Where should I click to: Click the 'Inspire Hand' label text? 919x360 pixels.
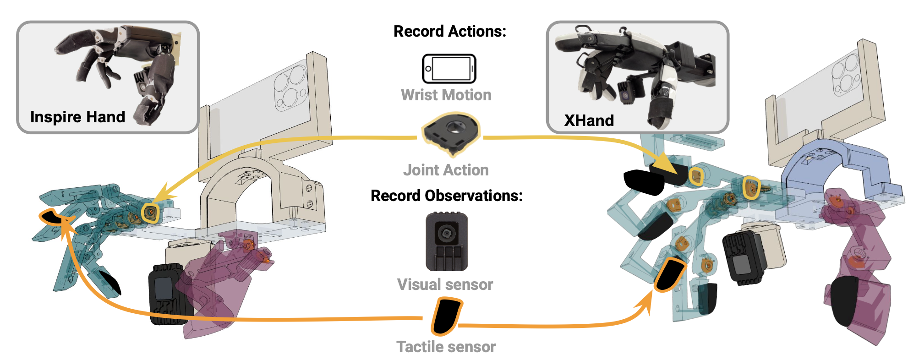pyautogui.click(x=77, y=117)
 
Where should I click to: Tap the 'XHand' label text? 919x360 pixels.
pyautogui.click(x=589, y=120)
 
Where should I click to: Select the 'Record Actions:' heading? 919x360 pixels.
pyautogui.click(x=450, y=31)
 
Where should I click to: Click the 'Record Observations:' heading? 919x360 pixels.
pyautogui.click(x=447, y=196)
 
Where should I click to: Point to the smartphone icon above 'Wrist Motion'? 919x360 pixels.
pyautogui.click(x=449, y=69)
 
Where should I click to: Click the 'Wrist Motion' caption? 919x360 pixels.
pyautogui.click(x=446, y=95)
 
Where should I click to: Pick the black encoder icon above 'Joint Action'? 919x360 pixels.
pyautogui.click(x=451, y=133)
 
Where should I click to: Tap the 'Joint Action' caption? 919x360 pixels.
pyautogui.click(x=446, y=170)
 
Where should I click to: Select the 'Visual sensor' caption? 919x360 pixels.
pyautogui.click(x=445, y=284)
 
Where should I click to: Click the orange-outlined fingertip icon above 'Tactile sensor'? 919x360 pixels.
pyautogui.click(x=446, y=316)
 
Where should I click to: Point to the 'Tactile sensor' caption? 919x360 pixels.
pyautogui.click(x=446, y=347)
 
